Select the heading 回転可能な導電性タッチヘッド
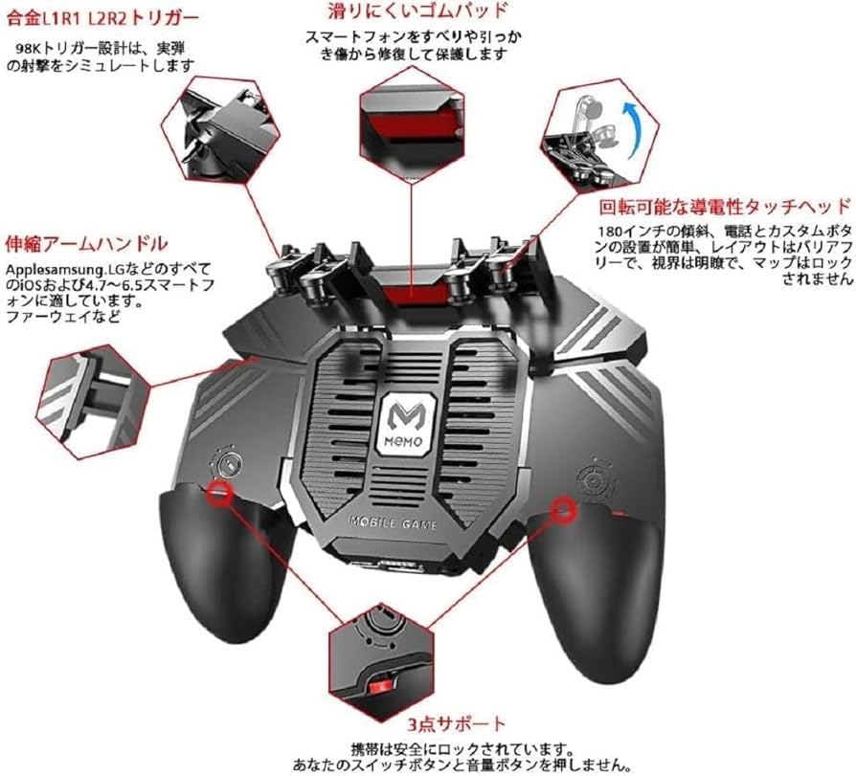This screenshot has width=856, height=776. point(725,206)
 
